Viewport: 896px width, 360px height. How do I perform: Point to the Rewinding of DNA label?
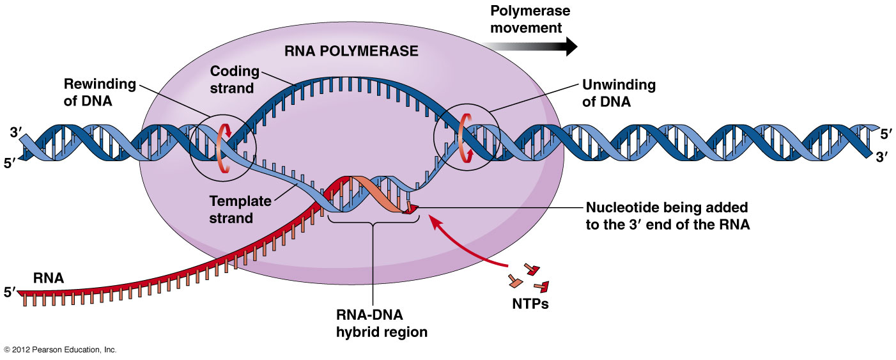tap(100, 92)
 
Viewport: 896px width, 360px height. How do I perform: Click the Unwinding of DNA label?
tap(618, 92)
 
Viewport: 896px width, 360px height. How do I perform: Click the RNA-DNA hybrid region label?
tap(373, 324)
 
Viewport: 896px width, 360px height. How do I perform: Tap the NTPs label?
tap(530, 304)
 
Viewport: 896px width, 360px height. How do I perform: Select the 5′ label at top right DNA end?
tap(886, 135)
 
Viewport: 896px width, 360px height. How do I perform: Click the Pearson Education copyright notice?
tap(60, 350)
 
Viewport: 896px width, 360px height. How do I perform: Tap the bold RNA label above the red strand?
tap(49, 278)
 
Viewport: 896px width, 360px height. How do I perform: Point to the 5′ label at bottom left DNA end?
tap(10, 164)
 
